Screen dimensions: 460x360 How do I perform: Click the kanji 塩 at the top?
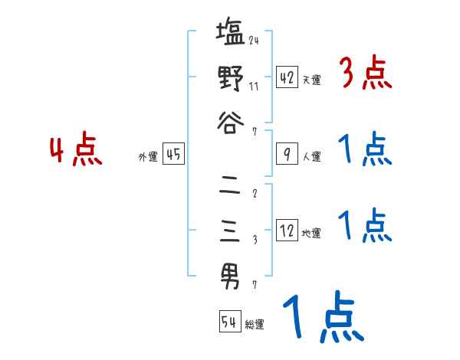[x=230, y=35]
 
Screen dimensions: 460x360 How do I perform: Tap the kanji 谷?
[x=230, y=123]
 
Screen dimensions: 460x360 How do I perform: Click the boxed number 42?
[x=287, y=77]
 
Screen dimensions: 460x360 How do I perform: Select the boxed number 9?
[x=287, y=154]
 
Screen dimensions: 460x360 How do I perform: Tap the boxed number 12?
[x=287, y=230]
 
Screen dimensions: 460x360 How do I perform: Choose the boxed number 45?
[x=173, y=154]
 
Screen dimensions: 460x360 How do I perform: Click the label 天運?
[x=311, y=80]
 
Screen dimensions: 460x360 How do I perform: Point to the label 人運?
[x=311, y=156]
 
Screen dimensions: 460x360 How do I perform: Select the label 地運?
[x=311, y=232]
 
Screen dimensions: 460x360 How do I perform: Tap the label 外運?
[x=148, y=156]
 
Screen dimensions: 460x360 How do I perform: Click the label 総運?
[x=255, y=324]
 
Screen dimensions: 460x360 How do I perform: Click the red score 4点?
[x=76, y=151]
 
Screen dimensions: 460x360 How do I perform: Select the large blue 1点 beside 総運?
[x=323, y=318]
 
